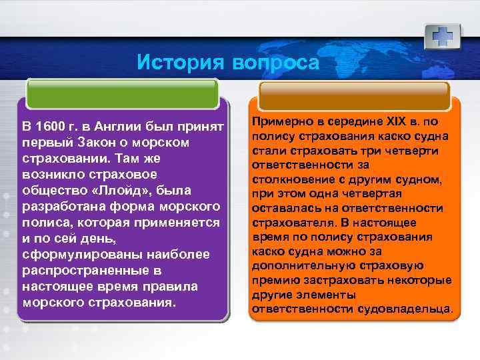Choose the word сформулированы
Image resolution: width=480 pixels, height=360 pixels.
coord(67,255)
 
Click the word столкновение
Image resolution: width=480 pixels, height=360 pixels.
coord(292,179)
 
